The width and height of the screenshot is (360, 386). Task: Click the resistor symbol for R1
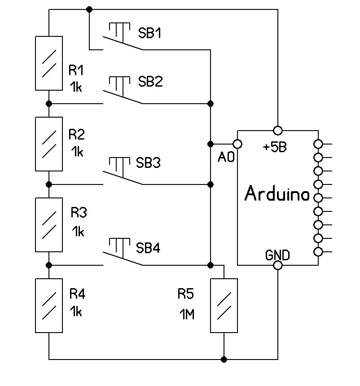[x=49, y=63]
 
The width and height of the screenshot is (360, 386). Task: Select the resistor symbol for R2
[x=49, y=144]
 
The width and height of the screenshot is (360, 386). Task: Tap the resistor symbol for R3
[x=49, y=224]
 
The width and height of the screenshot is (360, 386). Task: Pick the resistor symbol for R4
[x=49, y=305]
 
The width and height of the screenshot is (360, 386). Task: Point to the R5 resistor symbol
[x=224, y=305]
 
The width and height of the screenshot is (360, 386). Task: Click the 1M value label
[x=187, y=315]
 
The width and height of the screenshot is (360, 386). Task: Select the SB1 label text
[x=149, y=33]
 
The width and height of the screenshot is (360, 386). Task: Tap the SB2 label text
[x=150, y=82]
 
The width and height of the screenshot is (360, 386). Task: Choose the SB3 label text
[x=148, y=162]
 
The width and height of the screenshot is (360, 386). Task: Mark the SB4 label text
[x=148, y=248]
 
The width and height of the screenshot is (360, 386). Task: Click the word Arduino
[x=277, y=194]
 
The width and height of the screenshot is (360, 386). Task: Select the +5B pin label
[x=274, y=148]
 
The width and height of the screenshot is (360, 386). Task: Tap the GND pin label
[x=277, y=255]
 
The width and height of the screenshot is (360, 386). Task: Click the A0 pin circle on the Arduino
[x=237, y=144]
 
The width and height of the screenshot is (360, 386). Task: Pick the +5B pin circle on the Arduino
[x=278, y=131]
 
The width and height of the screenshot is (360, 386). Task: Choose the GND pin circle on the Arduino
[x=278, y=265]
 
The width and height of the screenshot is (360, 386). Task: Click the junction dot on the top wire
[x=89, y=9]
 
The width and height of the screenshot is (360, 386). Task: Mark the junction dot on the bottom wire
[x=224, y=359]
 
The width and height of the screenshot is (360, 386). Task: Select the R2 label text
[x=76, y=134]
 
